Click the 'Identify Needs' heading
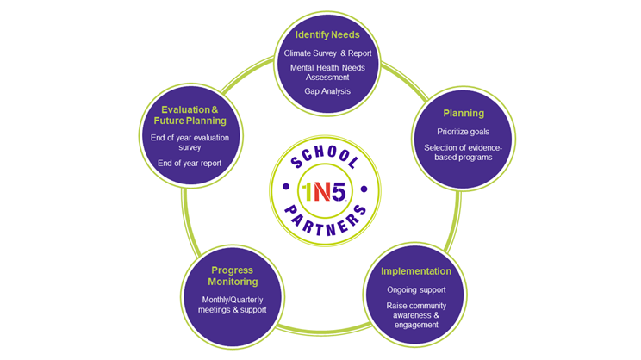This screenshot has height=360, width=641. (327, 35)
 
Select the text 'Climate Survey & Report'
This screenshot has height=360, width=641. (327, 53)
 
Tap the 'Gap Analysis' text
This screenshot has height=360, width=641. (327, 91)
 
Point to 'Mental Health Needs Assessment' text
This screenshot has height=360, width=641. (327, 72)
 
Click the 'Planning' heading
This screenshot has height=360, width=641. (464, 114)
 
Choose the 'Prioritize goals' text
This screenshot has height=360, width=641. (464, 132)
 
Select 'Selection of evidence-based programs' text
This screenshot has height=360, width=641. (464, 152)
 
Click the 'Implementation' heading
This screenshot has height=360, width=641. (416, 271)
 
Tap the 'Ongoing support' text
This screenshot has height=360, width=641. (416, 289)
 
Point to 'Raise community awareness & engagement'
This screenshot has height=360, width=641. (416, 315)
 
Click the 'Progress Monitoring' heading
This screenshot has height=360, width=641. (233, 276)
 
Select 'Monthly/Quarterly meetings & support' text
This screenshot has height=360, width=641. (233, 305)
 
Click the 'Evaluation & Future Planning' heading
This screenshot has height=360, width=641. (190, 115)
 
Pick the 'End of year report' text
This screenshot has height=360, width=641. (190, 163)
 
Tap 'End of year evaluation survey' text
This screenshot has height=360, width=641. (190, 142)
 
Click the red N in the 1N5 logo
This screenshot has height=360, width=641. (322, 192)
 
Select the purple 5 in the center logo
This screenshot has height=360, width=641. (339, 192)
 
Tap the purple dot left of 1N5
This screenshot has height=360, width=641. (286, 187)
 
